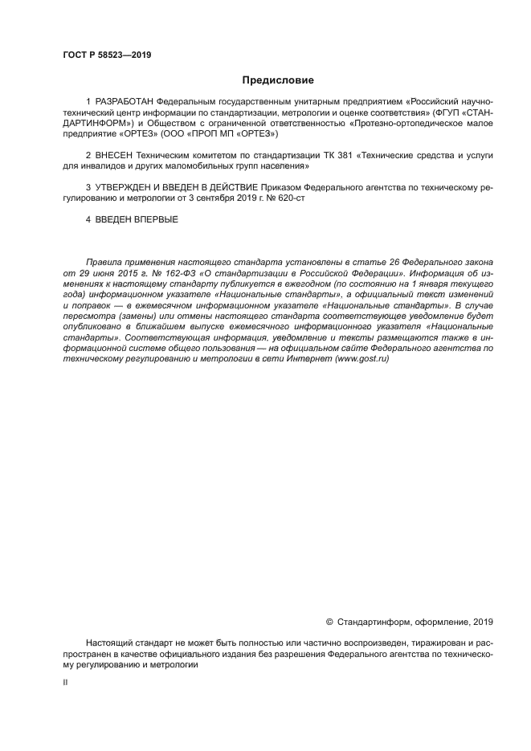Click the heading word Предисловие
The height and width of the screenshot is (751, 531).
[x=278, y=80]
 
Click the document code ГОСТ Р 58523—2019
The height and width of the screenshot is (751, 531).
[x=107, y=55]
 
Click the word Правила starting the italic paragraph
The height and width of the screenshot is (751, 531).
[x=106, y=263]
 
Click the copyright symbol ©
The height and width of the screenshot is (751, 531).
[x=329, y=622]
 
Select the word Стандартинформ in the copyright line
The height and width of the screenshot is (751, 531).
[x=373, y=622]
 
